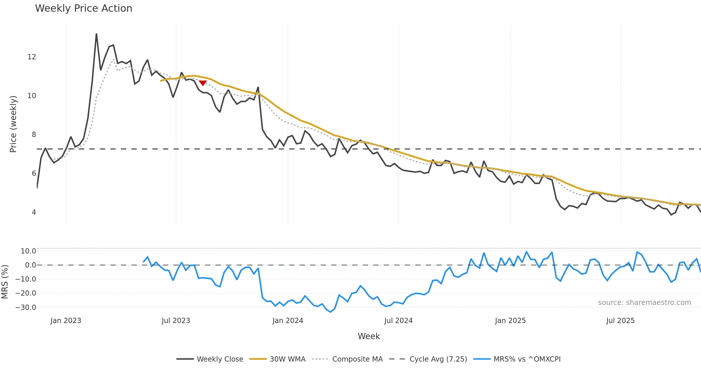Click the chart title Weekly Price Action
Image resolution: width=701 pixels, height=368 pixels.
[x=84, y=8]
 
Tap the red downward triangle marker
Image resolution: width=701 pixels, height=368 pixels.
[x=203, y=83]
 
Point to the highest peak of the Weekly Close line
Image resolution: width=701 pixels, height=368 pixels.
[x=96, y=34]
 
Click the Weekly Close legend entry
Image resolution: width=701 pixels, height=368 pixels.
[x=210, y=359]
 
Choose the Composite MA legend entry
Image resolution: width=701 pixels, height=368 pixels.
[x=347, y=359]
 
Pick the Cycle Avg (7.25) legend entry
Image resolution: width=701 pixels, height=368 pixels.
[x=428, y=359]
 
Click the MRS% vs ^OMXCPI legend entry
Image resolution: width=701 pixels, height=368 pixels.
[x=517, y=359]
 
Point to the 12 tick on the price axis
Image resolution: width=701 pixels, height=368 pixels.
[x=32, y=57]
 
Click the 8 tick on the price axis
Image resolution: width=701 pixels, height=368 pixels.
[x=34, y=135]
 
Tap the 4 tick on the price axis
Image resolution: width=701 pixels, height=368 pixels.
[x=34, y=212]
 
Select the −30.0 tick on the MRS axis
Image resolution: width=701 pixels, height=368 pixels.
[x=26, y=308]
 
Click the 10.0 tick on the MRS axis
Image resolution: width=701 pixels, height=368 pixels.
[x=28, y=251]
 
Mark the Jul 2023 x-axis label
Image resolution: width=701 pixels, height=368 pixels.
[x=176, y=321]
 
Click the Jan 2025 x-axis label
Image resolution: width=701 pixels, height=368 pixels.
[x=510, y=321]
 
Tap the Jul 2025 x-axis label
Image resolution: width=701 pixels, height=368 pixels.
[x=620, y=321]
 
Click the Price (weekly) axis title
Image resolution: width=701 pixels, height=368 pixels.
[x=13, y=124]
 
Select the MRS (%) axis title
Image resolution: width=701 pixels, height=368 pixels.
[x=5, y=282]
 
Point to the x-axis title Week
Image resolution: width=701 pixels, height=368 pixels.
[x=369, y=336]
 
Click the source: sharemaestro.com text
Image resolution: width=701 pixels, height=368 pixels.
[x=644, y=303]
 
